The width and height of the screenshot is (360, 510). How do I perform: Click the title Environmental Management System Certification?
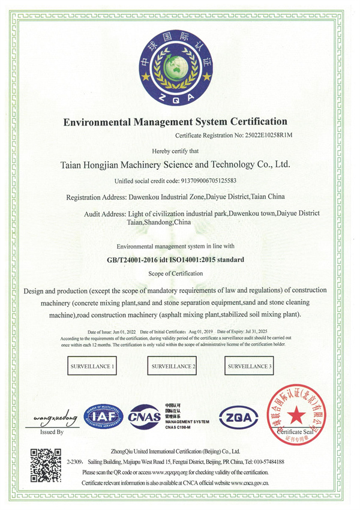[176, 122]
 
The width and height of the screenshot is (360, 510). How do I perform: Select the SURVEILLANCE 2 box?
[173, 365]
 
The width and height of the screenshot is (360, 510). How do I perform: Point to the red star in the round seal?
[296, 414]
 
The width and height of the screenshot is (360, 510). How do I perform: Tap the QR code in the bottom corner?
[46, 464]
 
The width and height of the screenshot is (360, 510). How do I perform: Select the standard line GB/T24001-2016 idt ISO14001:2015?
[176, 260]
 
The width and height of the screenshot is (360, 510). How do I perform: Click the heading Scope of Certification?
[175, 273]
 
